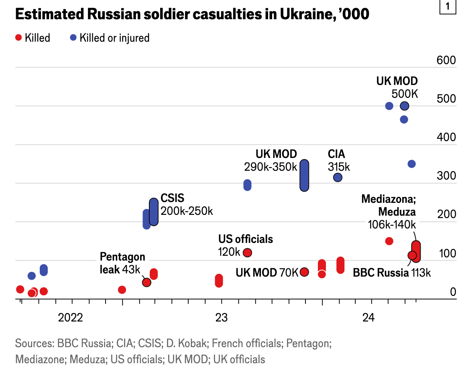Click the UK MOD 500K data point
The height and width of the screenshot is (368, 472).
click(405, 106)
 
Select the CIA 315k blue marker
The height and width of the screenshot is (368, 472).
click(338, 177)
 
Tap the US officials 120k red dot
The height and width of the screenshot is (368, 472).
click(248, 253)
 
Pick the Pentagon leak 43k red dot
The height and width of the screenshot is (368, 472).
click(146, 282)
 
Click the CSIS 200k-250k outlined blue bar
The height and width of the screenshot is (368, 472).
click(154, 212)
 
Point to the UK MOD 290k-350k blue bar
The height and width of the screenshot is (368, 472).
click(305, 175)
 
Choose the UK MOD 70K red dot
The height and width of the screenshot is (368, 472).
click(305, 272)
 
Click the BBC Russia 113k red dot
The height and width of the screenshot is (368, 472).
click(412, 255)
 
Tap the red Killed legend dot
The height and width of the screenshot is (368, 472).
click(18, 38)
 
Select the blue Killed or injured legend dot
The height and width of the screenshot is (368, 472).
click(73, 38)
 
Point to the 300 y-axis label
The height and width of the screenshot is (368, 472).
click(446, 176)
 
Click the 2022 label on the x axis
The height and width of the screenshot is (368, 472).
click(70, 318)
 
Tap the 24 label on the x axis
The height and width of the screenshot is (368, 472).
click(368, 318)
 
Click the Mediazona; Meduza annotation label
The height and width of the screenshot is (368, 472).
click(389, 205)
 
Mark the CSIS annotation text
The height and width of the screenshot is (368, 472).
click(172, 198)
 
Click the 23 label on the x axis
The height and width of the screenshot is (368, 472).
click(221, 318)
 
